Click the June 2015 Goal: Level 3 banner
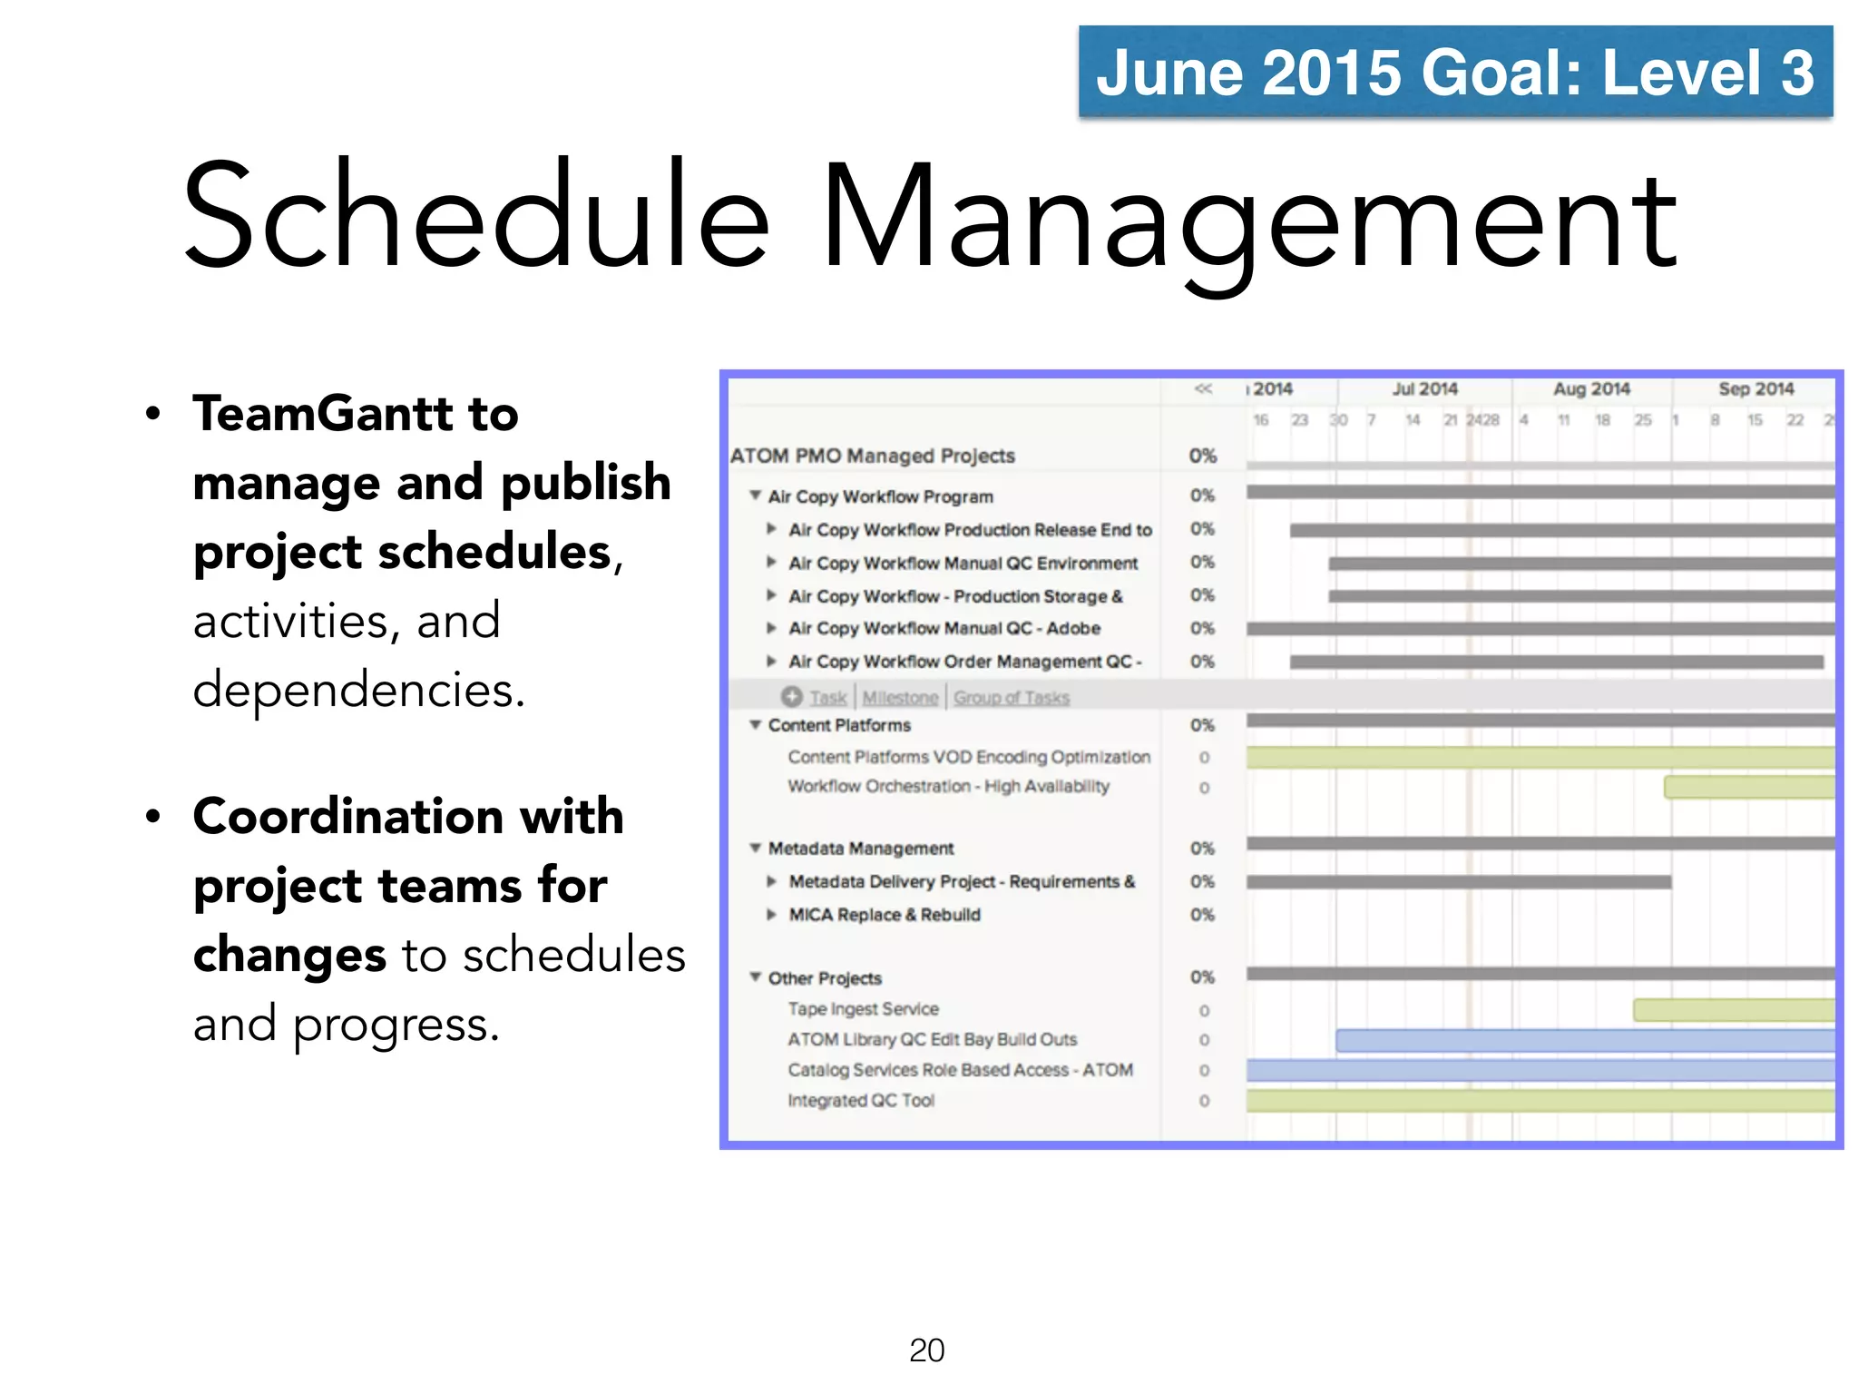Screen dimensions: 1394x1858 (x=1454, y=72)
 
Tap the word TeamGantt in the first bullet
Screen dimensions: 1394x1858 (x=323, y=414)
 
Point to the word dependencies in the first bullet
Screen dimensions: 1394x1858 (x=357, y=690)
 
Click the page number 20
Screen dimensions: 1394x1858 (x=926, y=1350)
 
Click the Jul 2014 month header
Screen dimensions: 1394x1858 (x=1424, y=389)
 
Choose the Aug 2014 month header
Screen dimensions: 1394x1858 (x=1591, y=389)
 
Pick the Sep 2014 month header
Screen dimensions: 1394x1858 (x=1755, y=389)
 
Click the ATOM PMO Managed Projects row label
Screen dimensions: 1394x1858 (x=872, y=456)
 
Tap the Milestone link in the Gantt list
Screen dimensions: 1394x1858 (x=900, y=698)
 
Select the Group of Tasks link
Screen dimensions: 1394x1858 (x=1012, y=698)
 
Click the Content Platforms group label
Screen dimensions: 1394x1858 (x=839, y=725)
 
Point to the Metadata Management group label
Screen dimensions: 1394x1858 (x=861, y=849)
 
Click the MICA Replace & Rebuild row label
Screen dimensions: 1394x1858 (x=885, y=915)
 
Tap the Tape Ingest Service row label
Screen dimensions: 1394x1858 (x=863, y=1009)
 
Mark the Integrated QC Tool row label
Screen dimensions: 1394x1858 (x=861, y=1101)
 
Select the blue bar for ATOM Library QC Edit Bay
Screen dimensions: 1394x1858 (x=1584, y=1040)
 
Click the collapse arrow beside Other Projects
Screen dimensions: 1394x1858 (x=755, y=977)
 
